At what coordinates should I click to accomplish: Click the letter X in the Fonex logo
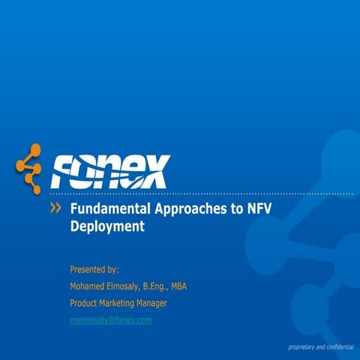click(x=154, y=172)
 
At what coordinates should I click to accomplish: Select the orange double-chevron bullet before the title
click(x=55, y=208)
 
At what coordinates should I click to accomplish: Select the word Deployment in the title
click(x=106, y=226)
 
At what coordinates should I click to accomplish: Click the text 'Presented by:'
click(x=94, y=268)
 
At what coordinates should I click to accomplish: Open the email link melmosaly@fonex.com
click(x=110, y=320)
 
